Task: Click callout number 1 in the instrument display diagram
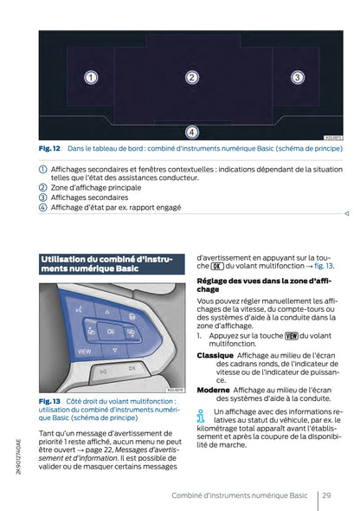coord(90,78)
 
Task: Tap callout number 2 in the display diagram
coord(192,78)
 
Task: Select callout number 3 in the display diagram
coord(296,78)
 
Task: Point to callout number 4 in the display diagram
coord(192,132)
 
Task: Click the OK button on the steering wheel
coord(110,330)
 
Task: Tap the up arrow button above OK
coord(108,311)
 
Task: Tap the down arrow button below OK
coord(110,350)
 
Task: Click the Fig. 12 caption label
coord(49,149)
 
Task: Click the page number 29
coord(325,495)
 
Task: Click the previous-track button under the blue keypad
coord(103,369)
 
